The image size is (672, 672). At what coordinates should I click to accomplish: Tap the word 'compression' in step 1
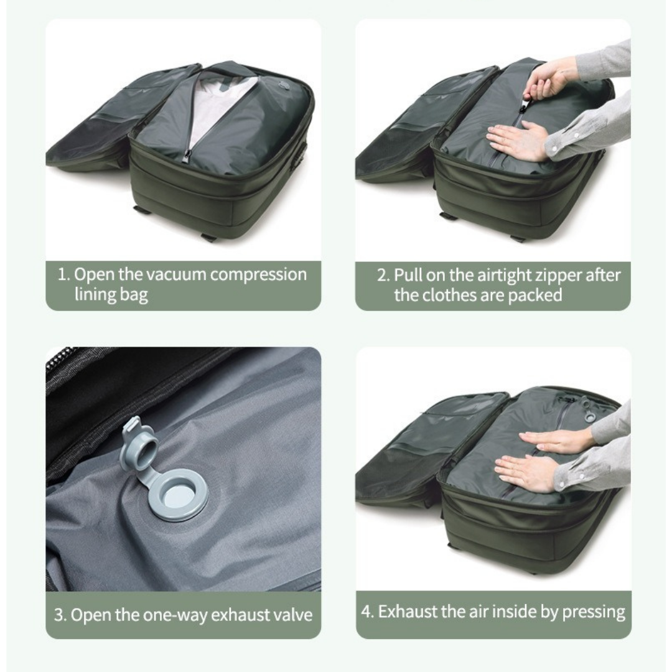[258, 275]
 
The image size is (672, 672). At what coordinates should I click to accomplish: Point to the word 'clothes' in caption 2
[450, 296]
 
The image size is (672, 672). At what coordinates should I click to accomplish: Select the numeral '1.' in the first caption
[64, 275]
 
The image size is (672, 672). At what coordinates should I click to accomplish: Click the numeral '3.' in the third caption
[60, 615]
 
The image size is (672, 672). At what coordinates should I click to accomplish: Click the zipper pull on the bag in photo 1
[187, 157]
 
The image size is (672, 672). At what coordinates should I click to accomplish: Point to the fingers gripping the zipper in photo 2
[538, 84]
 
